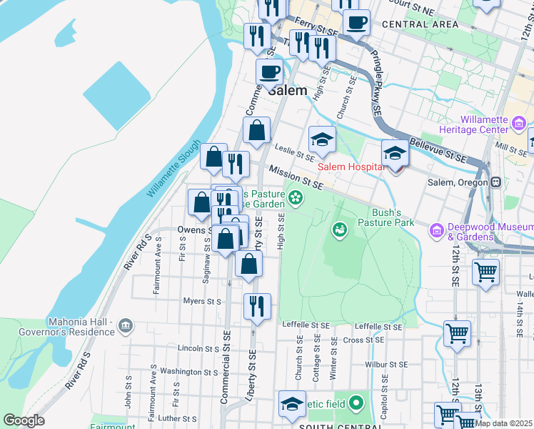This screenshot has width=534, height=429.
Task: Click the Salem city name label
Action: [x=287, y=91]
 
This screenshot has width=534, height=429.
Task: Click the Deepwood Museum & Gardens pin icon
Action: [x=437, y=230]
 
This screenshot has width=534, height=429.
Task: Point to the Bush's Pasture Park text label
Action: [x=392, y=217]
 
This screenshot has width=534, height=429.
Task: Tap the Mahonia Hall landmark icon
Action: [x=126, y=326]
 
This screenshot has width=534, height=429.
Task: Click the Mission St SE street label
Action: [x=296, y=177]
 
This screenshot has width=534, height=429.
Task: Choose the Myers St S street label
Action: [x=202, y=301]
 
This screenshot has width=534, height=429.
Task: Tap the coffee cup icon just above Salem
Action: [x=270, y=71]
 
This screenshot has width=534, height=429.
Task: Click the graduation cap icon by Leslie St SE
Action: [x=322, y=139]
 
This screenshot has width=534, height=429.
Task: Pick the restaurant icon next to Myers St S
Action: [x=257, y=305]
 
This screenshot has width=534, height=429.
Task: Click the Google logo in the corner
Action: [x=24, y=420]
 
